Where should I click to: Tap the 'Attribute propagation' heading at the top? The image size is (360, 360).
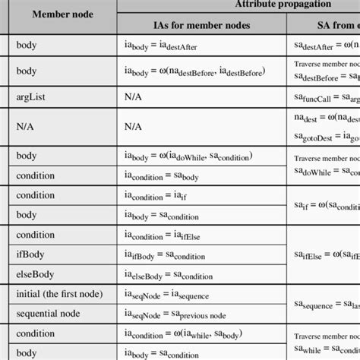tap(289, 5)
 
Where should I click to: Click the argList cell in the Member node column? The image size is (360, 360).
tap(32, 96)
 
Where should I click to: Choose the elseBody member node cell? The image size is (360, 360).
tap(36, 274)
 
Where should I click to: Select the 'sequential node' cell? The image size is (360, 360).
tap(49, 312)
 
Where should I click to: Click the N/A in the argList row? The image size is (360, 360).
tap(134, 96)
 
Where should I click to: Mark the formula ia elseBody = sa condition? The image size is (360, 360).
tap(175, 275)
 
